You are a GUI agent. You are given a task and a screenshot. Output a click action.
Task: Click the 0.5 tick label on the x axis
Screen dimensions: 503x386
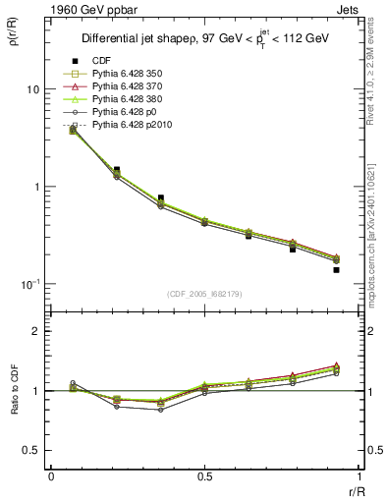click(x=204, y=475)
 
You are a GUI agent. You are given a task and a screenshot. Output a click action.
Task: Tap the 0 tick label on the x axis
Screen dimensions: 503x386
click(x=51, y=475)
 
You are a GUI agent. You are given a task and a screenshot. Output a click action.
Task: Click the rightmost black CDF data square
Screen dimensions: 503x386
click(x=336, y=269)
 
